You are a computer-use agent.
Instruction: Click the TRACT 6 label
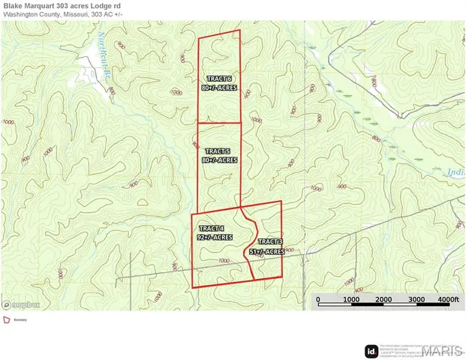[x=218, y=79]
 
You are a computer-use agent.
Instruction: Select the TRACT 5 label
[x=218, y=150]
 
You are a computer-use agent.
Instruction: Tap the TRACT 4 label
[x=211, y=227]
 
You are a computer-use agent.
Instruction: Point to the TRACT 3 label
[x=270, y=241]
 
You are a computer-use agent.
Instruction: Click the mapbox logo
[x=22, y=304]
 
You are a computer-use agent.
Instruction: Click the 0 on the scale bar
[x=317, y=300]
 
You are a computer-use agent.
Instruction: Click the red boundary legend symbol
[x=7, y=319]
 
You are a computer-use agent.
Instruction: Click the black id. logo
[x=371, y=351]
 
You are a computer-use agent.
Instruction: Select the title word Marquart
[x=48, y=6]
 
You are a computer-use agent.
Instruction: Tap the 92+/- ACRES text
[x=214, y=236]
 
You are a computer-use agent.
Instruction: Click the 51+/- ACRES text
[x=267, y=252]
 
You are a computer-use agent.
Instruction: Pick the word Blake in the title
[x=14, y=6]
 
